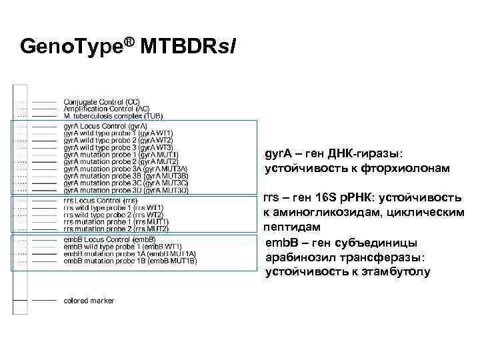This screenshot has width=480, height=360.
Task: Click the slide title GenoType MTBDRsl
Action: [127, 47]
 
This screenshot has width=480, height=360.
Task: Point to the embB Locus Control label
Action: [109, 239]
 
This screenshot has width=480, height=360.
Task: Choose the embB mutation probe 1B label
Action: [130, 261]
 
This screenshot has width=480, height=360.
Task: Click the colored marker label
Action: [89, 301]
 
